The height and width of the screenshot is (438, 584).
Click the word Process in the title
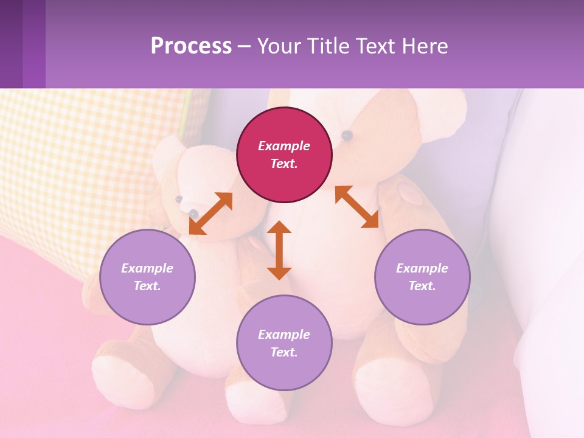(x=191, y=46)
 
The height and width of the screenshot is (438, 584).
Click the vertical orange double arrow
(x=279, y=250)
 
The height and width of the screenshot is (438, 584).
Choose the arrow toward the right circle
(x=356, y=207)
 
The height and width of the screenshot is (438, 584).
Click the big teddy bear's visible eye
(x=347, y=135)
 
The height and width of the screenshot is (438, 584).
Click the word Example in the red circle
(x=284, y=146)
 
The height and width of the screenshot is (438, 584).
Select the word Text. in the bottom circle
(x=284, y=352)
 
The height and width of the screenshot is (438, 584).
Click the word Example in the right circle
(x=422, y=268)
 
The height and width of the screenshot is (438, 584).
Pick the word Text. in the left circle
(x=147, y=286)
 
